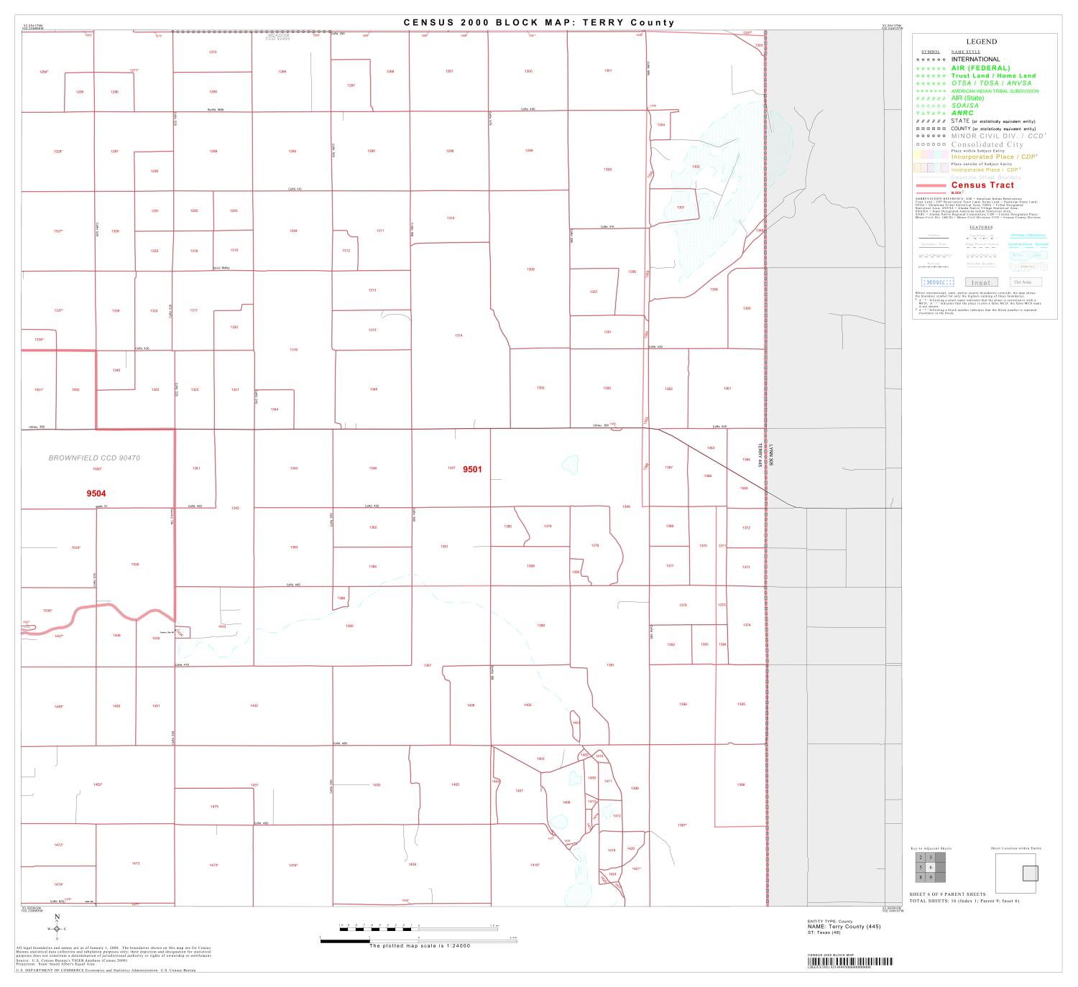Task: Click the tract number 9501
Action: pos(472,469)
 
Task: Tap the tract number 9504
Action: pos(96,493)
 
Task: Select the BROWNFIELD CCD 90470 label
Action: pos(94,458)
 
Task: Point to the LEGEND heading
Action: pos(981,42)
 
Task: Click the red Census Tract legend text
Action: pos(982,185)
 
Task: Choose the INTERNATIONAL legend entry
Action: pos(975,60)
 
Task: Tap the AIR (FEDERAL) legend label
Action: pos(980,68)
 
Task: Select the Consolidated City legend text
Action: pos(987,144)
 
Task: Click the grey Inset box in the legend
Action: pos(981,282)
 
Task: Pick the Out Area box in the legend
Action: pos(1026,282)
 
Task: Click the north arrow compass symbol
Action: pos(57,928)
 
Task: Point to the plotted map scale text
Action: pos(419,945)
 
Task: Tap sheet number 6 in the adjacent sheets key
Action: pos(930,867)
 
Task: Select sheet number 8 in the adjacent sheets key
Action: pos(920,877)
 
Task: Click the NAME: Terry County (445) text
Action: pos(844,927)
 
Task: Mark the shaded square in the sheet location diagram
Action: pos(1031,873)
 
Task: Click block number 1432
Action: pos(254,706)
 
